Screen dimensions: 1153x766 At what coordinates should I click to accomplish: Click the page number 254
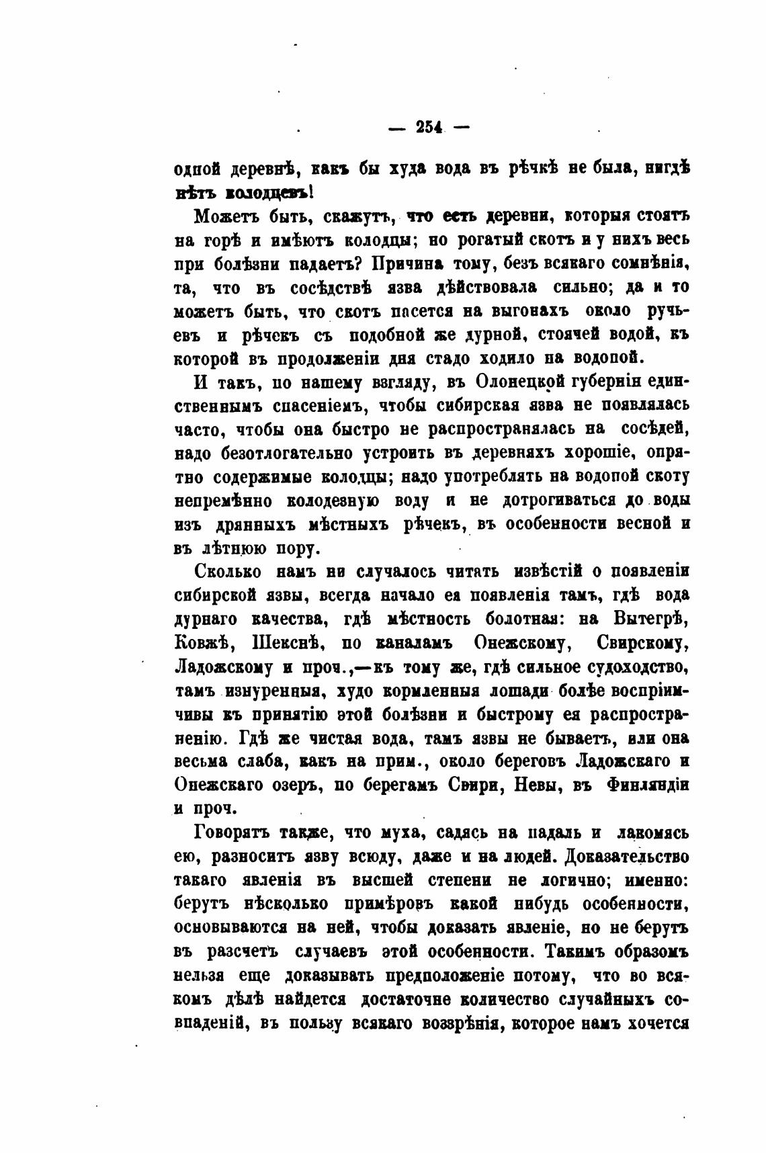[428, 127]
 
